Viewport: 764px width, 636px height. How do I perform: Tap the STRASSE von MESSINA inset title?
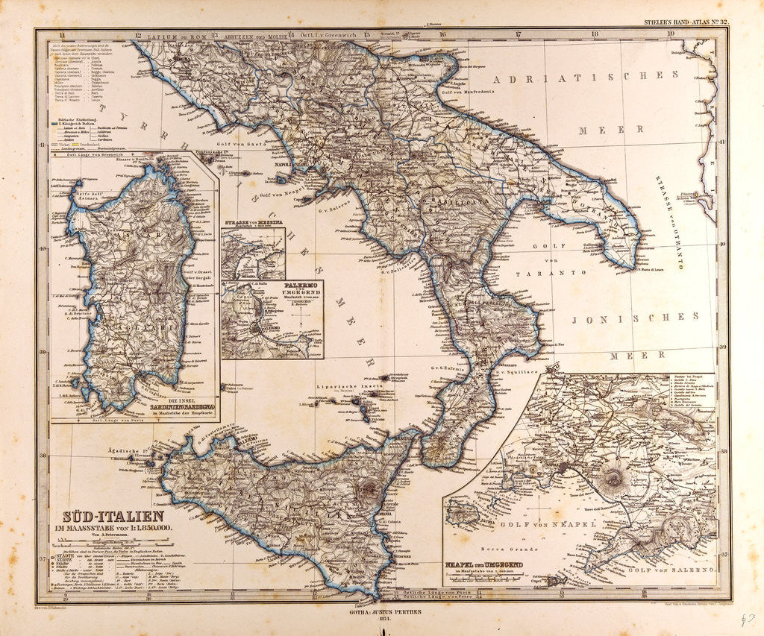[252, 222]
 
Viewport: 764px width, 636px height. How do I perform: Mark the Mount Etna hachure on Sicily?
[367, 489]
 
